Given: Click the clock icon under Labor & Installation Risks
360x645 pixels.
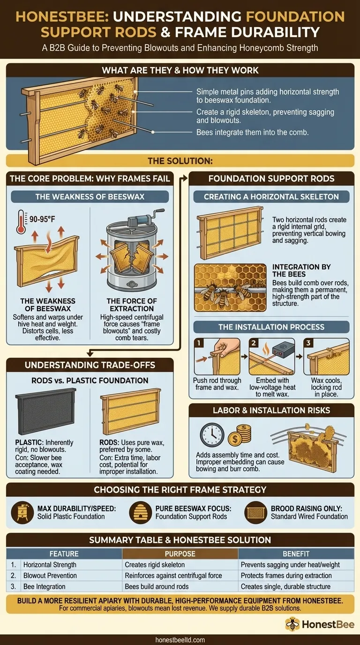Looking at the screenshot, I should click(212, 435).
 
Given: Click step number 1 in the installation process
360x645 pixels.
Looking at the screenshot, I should click(199, 343).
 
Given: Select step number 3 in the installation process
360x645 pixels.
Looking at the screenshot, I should click(308, 343).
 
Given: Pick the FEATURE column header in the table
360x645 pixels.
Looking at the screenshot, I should click(64, 554).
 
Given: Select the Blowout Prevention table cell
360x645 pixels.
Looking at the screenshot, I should click(50, 576).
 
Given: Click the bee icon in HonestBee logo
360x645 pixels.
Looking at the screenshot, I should click(293, 624).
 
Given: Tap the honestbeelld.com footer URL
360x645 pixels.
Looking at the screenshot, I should click(180, 639).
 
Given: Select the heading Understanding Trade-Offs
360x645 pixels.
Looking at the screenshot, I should click(90, 365).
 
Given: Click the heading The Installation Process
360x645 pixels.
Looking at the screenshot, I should click(271, 327).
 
